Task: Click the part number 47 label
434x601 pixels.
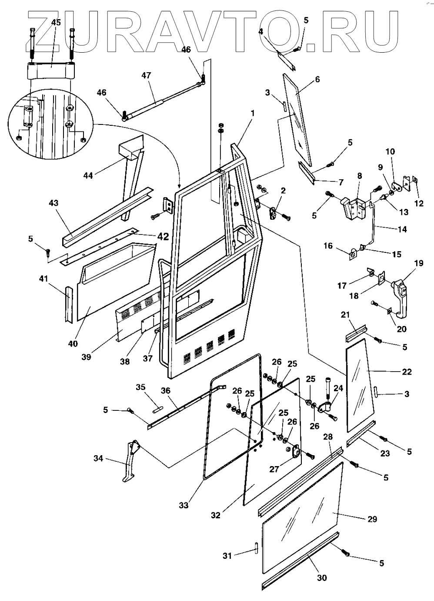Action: pyautogui.click(x=146, y=75)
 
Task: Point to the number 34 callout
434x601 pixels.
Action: pyautogui.click(x=99, y=458)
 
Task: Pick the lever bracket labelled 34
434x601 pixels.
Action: pyautogui.click(x=129, y=461)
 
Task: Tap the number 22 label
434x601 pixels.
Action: pyautogui.click(x=407, y=372)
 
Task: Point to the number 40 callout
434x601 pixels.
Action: pyautogui.click(x=73, y=343)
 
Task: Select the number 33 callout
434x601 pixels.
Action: pyautogui.click(x=184, y=505)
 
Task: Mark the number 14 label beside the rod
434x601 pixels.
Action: pyautogui.click(x=402, y=229)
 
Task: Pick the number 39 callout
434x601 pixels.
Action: pyautogui.click(x=86, y=357)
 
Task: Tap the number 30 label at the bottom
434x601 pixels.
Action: pyautogui.click(x=322, y=577)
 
